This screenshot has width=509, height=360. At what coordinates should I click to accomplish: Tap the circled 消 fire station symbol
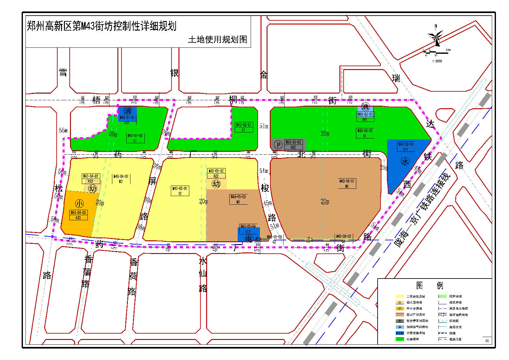(x=128, y=111)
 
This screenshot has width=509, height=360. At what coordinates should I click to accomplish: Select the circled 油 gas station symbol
(x=365, y=107)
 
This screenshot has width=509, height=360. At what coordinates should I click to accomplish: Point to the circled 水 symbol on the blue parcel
(x=405, y=161)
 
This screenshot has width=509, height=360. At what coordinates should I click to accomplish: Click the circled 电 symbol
(x=249, y=238)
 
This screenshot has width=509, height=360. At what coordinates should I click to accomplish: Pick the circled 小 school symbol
(x=79, y=204)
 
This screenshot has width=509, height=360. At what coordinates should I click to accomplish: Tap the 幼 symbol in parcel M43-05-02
(x=216, y=184)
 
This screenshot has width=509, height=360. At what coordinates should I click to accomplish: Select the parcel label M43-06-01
(x=346, y=183)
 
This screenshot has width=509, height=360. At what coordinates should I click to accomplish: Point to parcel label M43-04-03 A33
(x=78, y=215)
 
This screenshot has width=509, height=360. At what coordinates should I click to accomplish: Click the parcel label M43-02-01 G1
(x=244, y=127)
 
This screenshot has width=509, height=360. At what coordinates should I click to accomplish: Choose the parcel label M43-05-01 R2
(x=180, y=191)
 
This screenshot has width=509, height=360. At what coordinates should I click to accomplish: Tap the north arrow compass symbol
(x=436, y=37)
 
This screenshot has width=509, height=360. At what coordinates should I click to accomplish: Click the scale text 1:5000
(x=437, y=61)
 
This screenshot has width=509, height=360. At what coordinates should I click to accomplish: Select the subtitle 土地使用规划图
(x=218, y=39)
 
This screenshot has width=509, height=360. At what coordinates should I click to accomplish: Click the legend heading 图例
(x=429, y=285)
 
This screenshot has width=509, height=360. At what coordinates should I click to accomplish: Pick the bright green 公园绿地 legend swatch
(x=400, y=339)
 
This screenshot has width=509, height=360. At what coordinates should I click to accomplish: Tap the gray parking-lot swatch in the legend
(x=400, y=321)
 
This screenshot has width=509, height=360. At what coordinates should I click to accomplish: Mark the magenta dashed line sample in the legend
(x=443, y=339)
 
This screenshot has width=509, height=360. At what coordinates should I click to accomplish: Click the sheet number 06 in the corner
(x=487, y=341)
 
